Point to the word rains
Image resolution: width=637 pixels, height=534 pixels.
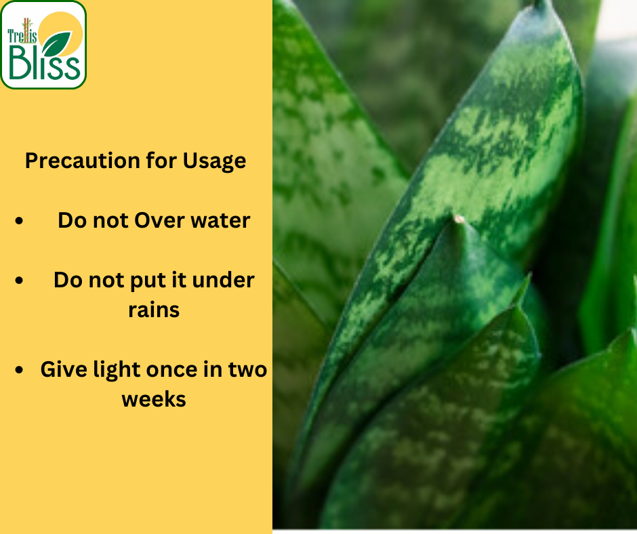pos(154,310)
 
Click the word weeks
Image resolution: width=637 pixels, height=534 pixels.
pos(154,400)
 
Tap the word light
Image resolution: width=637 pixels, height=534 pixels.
pos(117,370)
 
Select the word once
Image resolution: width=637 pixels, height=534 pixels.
pos(174,370)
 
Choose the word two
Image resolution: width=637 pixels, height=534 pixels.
pos(248,370)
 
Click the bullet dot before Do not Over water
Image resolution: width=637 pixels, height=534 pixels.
pos(19,221)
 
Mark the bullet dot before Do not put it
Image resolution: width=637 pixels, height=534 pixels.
pos(19,281)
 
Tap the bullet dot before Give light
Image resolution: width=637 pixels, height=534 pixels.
pos(19,370)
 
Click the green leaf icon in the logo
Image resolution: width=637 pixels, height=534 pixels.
pos(56,44)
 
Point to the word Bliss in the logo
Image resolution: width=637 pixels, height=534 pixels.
pos(44,62)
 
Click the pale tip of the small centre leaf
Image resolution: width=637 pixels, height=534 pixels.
pos(459,219)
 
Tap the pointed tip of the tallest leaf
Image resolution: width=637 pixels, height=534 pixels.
pos(540,3)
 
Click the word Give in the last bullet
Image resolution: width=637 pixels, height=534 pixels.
pos(64,369)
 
